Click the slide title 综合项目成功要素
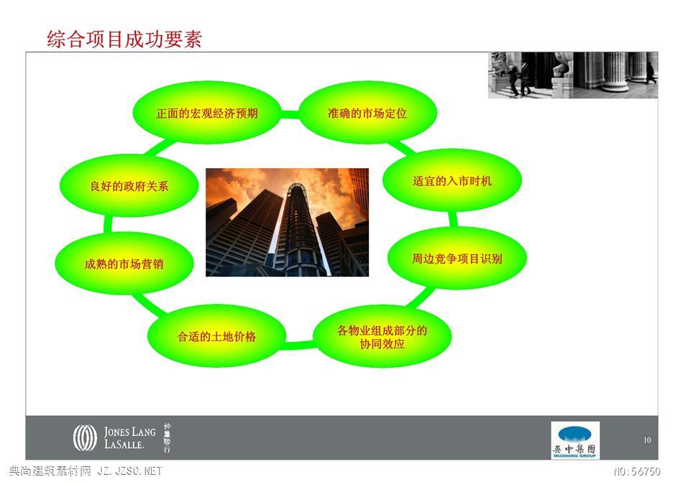(124, 40)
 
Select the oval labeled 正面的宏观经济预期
(207, 113)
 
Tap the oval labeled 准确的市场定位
(367, 113)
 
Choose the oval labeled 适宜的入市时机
(452, 180)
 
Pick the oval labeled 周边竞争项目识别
(457, 258)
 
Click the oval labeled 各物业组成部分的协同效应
(382, 337)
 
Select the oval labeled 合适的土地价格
(216, 336)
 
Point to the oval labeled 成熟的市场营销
(124, 263)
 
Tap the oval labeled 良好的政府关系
(129, 186)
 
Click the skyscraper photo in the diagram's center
(287, 222)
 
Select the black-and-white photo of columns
(573, 75)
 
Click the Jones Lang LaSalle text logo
(129, 437)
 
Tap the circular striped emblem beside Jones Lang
(85, 437)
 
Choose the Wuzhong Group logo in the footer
(575, 440)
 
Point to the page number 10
(647, 440)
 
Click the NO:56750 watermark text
(637, 471)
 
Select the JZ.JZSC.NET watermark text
(129, 471)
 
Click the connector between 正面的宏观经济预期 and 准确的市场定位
(290, 114)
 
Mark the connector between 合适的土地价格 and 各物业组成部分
(299, 345)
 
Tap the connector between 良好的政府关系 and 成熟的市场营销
(108, 224)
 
